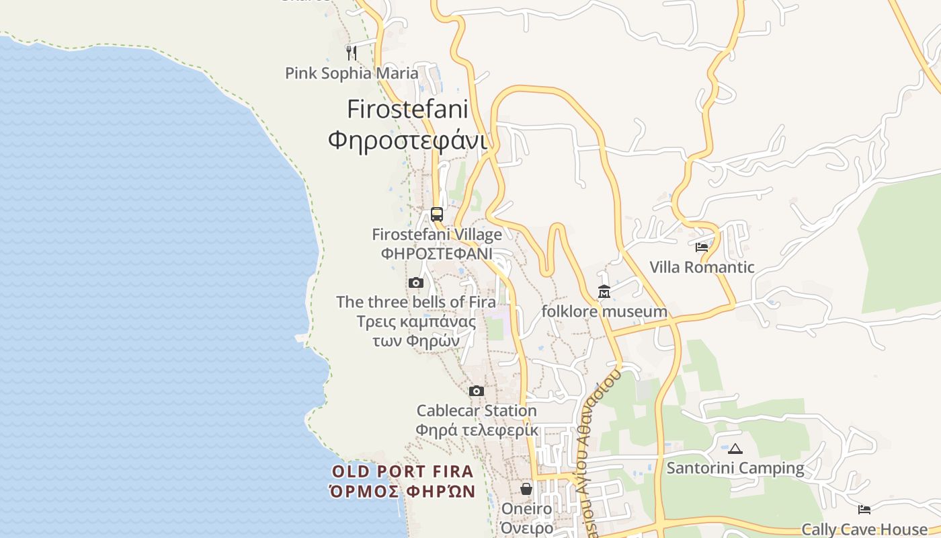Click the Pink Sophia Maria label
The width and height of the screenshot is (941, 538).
[352, 73]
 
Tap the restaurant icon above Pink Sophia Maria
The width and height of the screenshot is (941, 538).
[351, 52]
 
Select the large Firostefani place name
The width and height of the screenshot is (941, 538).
[407, 109]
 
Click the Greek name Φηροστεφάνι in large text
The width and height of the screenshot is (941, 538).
[407, 140]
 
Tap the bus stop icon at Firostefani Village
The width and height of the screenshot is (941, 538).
[437, 215]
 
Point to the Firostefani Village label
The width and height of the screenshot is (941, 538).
[437, 235]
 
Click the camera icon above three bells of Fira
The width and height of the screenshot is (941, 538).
[416, 282]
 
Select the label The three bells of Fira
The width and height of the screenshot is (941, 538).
[416, 302]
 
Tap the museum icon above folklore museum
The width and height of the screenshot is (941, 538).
[604, 292]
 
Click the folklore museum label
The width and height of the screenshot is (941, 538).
[604, 311]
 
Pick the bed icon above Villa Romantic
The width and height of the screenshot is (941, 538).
[702, 247]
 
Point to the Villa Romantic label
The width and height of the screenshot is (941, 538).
[702, 267]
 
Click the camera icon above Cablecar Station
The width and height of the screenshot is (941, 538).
[477, 391]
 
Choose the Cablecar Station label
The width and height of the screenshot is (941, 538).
[477, 410]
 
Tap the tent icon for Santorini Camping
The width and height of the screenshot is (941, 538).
[735, 449]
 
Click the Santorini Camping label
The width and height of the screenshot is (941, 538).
[735, 468]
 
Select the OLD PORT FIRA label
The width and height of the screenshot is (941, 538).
[403, 471]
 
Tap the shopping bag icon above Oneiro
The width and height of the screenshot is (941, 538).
[526, 489]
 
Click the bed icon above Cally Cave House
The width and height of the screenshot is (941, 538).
[864, 510]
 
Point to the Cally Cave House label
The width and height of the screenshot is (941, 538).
[864, 529]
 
